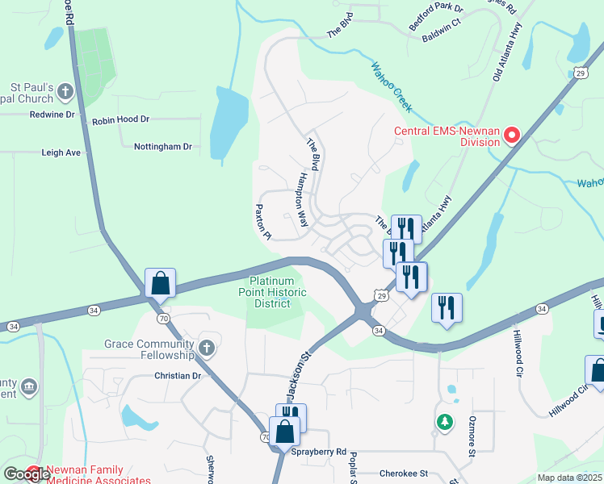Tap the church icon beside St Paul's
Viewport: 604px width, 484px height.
pos(65,93)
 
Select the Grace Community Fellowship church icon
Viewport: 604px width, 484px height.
pos(207,348)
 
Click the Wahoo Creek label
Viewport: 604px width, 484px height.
pos(392,87)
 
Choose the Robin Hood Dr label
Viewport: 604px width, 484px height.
pos(121,119)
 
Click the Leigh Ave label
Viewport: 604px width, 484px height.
pos(61,152)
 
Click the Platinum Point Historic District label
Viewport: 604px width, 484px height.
pos(275,291)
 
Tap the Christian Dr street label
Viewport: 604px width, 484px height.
pos(178,376)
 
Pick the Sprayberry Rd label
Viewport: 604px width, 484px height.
pos(319,452)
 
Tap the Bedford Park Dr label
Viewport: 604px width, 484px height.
pos(436,16)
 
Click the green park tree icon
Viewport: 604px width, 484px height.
pos(444,421)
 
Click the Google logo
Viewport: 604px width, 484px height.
pos(26,474)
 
